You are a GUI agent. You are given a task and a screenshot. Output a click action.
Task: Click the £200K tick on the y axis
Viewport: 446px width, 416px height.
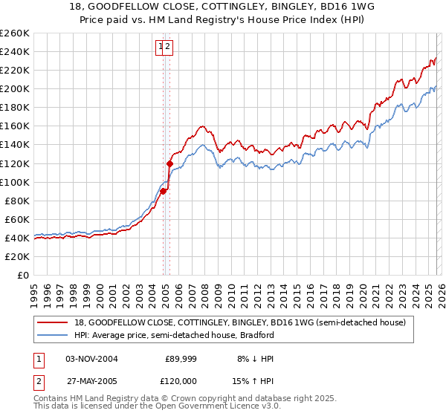(x=15, y=89)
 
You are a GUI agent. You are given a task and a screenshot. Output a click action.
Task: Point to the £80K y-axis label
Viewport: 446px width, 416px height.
(x=15, y=201)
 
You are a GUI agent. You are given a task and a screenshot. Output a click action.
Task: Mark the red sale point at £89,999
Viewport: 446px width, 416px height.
(x=163, y=192)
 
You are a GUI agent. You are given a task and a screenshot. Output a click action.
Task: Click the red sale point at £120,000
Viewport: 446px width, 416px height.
(x=170, y=163)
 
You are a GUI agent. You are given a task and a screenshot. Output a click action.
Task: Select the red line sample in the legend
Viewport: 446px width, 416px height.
(x=54, y=323)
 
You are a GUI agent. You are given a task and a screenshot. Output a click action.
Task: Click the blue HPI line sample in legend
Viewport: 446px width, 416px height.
(x=54, y=336)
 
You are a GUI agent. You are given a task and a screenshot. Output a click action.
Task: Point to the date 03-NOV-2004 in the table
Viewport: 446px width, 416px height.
(x=91, y=359)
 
